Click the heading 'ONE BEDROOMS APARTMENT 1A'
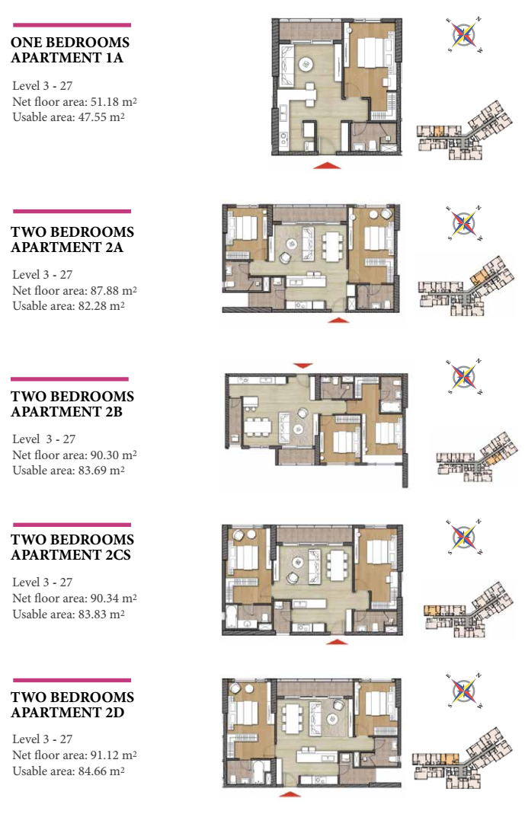click(x=70, y=49)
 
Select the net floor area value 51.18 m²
click(x=110, y=101)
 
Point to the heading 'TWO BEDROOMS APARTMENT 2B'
click(x=72, y=404)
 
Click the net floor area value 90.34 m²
click(x=114, y=598)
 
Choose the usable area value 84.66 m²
click(x=101, y=771)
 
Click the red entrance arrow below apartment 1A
click(x=327, y=165)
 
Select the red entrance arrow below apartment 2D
click(x=290, y=793)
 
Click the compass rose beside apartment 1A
click(x=464, y=35)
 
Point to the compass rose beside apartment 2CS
click(x=464, y=537)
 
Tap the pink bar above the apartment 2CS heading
click(x=72, y=525)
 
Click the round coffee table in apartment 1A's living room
click(x=306, y=65)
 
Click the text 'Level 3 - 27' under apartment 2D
click(x=43, y=739)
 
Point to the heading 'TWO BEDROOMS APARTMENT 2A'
click(x=72, y=239)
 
